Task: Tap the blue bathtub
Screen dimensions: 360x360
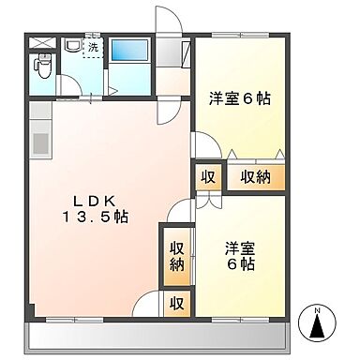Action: point(129,51)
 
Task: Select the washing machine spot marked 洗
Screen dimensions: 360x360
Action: point(93,48)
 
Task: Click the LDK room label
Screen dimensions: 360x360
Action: point(95,202)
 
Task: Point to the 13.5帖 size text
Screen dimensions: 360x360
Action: point(96,217)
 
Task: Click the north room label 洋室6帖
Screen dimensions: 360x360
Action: point(240,99)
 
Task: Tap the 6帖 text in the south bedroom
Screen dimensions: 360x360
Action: point(240,265)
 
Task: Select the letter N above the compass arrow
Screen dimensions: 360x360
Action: point(318,311)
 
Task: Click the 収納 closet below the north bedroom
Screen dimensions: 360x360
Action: point(256,177)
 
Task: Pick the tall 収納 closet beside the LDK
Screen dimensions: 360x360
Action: point(177,257)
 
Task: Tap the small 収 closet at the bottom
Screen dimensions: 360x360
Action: point(176,303)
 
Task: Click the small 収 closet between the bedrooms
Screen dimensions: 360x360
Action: point(208,177)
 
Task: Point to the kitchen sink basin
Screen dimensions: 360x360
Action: point(40,143)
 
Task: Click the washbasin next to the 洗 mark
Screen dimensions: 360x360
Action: point(72,45)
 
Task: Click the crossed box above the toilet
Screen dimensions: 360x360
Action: point(42,43)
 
